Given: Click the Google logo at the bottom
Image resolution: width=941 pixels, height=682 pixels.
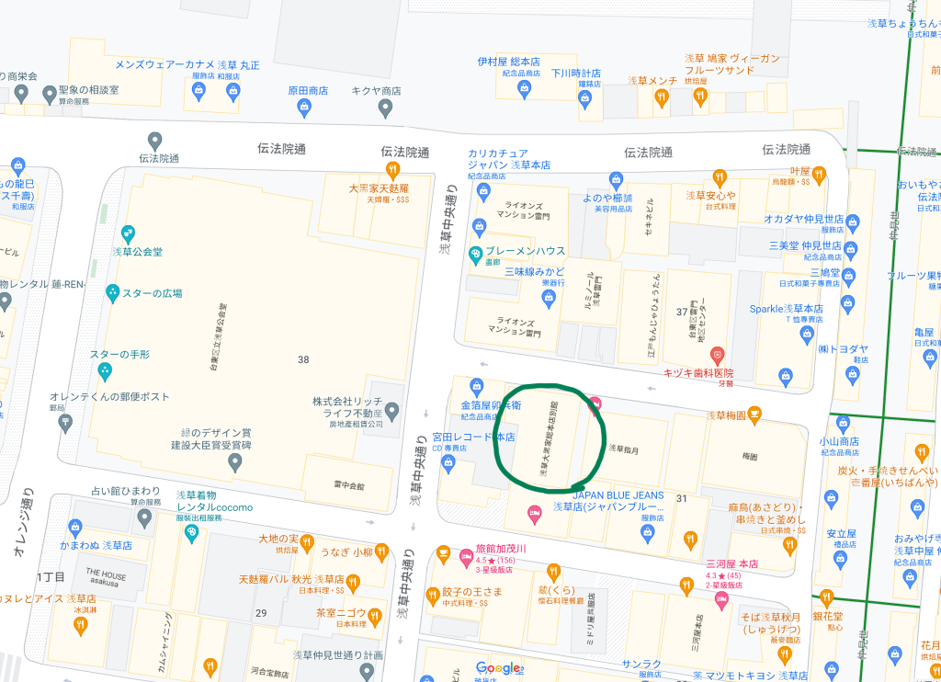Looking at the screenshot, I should click(x=498, y=668).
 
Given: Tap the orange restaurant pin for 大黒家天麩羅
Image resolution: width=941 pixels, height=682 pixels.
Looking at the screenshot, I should click(x=392, y=170).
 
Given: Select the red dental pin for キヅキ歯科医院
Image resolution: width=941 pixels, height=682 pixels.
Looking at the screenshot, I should click(x=719, y=355).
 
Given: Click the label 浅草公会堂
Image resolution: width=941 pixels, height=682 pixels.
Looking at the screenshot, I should click(x=137, y=249).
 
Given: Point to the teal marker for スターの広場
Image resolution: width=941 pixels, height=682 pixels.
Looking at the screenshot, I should click(x=113, y=293).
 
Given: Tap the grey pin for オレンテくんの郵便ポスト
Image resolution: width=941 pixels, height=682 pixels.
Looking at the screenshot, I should click(x=64, y=422).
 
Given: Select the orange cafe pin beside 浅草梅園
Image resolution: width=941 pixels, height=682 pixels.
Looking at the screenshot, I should click(x=754, y=415).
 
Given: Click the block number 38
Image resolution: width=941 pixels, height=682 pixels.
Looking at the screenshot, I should click(x=303, y=359).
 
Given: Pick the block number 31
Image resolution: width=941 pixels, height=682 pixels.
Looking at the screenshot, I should click(x=681, y=498).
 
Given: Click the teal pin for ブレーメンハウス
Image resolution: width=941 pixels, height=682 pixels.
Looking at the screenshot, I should click(x=475, y=254).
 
